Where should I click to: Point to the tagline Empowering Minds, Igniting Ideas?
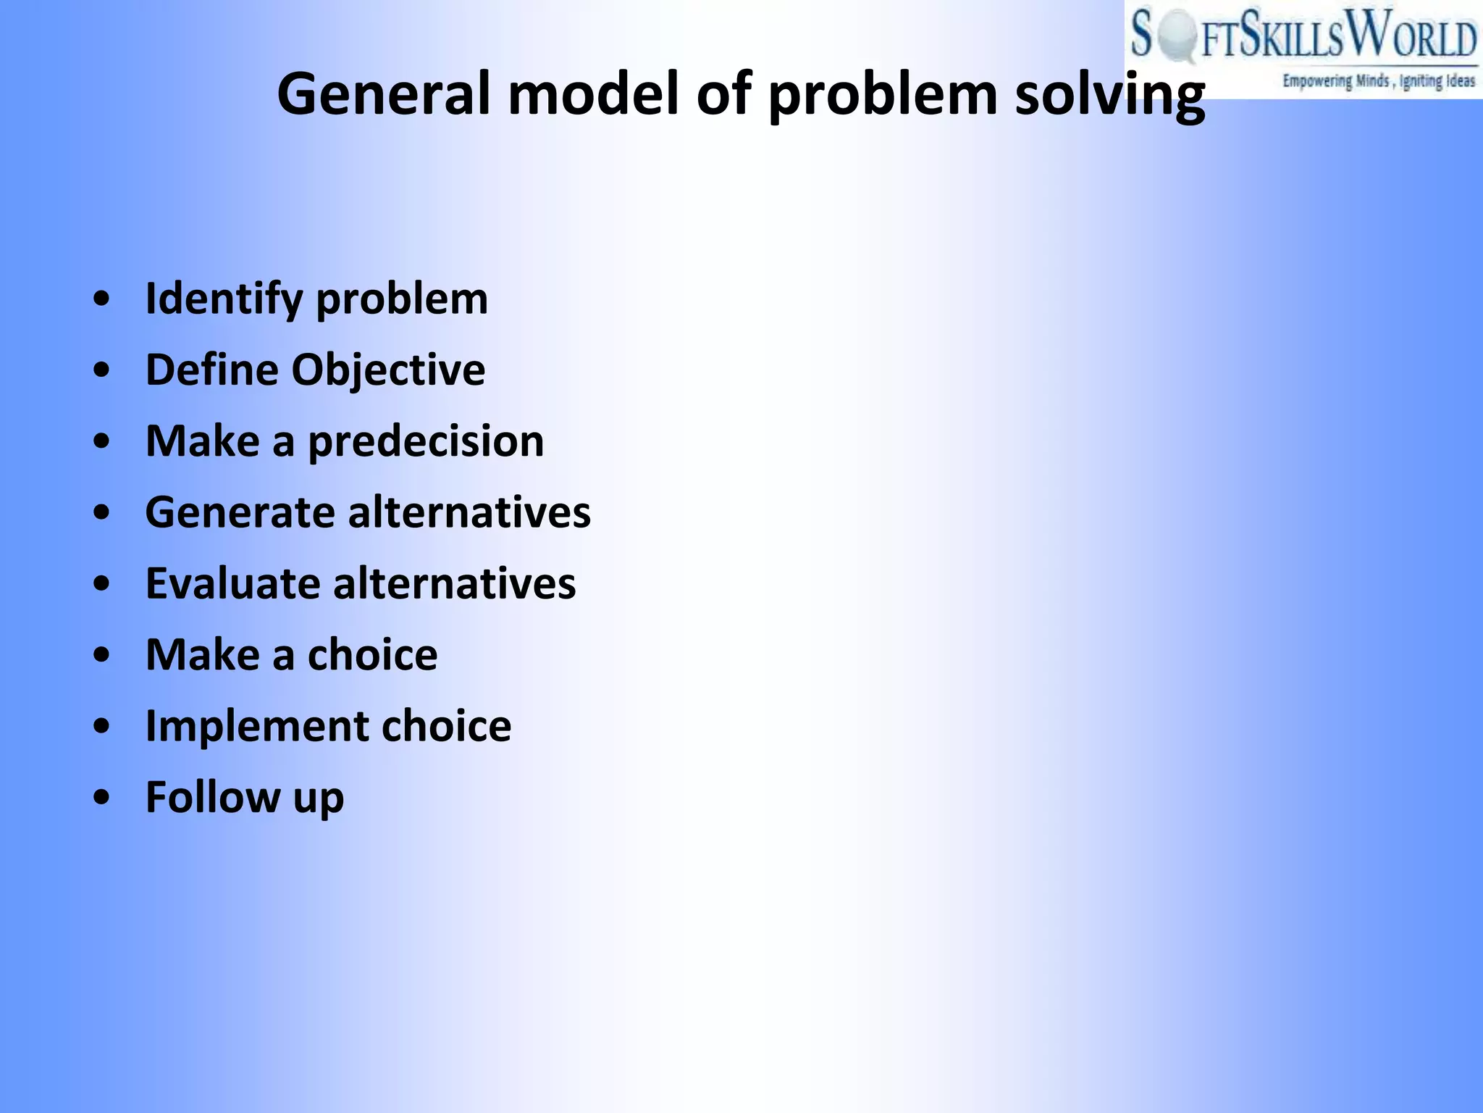(1378, 80)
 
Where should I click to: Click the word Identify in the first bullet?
(224, 299)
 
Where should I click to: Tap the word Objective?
(388, 370)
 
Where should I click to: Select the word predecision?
(426, 441)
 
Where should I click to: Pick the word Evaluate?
(232, 583)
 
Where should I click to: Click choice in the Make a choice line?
(372, 654)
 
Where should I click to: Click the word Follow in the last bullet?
(212, 797)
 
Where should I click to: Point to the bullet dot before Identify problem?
(102, 299)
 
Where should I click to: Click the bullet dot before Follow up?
(102, 797)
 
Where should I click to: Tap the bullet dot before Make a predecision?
(102, 441)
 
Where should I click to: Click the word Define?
(211, 370)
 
